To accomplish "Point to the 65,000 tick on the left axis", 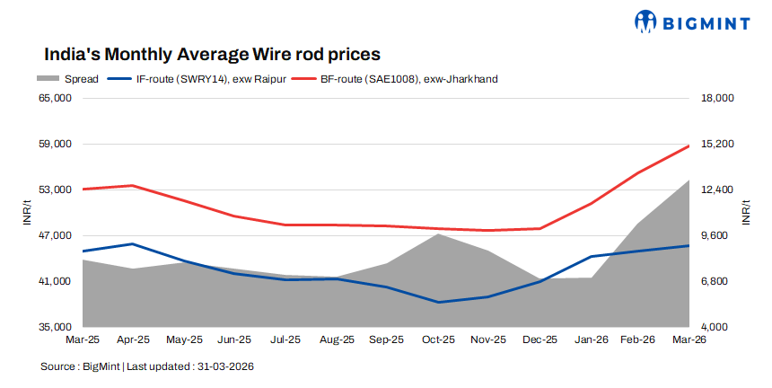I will pos(56,98).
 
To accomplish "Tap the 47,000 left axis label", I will pos(56,235).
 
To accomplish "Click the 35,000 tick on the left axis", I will pos(56,327).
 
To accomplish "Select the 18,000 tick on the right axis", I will pos(717,98).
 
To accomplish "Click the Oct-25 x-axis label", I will pos(439,340).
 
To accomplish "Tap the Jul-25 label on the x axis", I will pos(286,340).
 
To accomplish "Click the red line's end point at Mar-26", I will pos(689,145).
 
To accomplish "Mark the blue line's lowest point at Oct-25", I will pos(438,302).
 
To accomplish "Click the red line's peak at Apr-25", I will pos(133,185).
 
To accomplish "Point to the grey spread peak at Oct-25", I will pos(438,234).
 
